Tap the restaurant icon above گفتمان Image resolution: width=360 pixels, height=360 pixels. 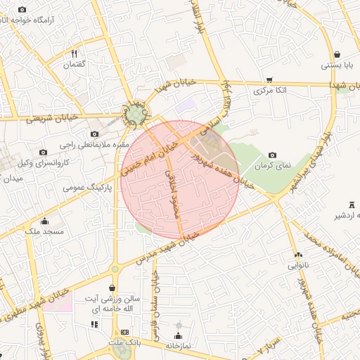click(x=75, y=53)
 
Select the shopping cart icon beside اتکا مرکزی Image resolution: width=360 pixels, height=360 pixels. click(x=270, y=80)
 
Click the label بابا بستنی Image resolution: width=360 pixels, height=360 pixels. click(x=340, y=65)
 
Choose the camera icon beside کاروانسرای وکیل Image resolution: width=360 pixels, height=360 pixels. click(x=44, y=152)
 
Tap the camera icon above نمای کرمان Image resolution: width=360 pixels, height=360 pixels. click(x=273, y=155)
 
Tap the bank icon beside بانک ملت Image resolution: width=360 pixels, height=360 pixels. click(x=125, y=332)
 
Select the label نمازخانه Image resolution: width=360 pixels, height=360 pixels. click(x=179, y=346)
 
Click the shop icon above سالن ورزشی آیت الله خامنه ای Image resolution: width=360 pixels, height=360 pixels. click(x=112, y=288)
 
